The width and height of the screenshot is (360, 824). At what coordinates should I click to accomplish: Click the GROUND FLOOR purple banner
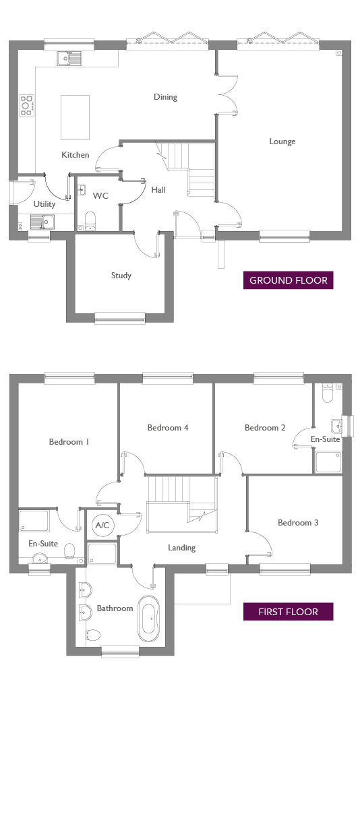[x=289, y=280]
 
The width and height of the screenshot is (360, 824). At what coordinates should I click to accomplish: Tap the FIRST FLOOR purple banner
[x=289, y=612]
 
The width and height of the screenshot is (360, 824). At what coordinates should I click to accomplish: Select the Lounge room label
[x=282, y=141]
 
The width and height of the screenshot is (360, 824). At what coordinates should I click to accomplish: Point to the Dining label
[x=165, y=97]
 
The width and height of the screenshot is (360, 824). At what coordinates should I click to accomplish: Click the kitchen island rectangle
[x=75, y=117]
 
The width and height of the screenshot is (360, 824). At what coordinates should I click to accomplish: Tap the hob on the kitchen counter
[x=26, y=105]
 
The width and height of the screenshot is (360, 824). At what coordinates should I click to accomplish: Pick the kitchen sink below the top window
[x=69, y=59]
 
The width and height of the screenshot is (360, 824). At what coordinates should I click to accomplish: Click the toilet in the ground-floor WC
[x=90, y=221]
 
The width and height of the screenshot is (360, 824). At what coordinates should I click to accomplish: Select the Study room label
[x=121, y=276]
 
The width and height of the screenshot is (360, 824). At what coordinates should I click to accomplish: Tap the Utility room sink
[x=42, y=222]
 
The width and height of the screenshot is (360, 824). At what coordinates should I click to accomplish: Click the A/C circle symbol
[x=102, y=526]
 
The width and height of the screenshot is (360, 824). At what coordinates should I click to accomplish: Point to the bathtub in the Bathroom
[x=149, y=619]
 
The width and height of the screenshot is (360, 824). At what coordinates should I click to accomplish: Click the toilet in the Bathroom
[x=93, y=635]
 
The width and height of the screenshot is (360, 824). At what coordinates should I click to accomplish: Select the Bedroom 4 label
[x=168, y=427]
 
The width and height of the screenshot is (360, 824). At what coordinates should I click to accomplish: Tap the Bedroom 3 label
[x=298, y=523]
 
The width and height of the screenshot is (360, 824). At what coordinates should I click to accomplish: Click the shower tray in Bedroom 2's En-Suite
[x=328, y=462]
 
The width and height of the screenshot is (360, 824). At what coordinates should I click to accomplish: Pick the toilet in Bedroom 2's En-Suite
[x=327, y=393]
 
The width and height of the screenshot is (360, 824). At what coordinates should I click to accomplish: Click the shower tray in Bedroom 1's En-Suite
[x=34, y=521]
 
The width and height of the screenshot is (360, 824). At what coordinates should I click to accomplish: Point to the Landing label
[x=181, y=548]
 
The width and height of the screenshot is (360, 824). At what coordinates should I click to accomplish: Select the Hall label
[x=158, y=190]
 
